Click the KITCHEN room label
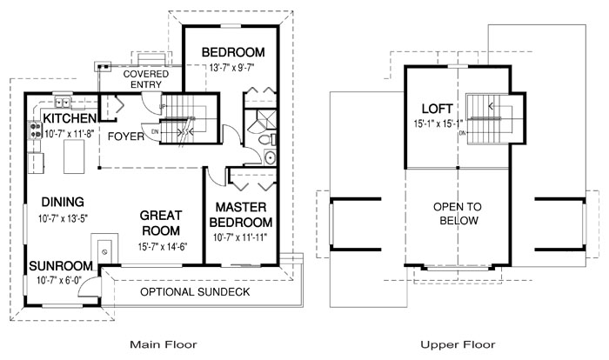pyautogui.click(x=70, y=118)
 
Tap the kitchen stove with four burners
pyautogui.click(x=35, y=130)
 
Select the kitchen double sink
pyautogui.click(x=62, y=103)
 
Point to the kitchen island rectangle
pyautogui.click(x=74, y=157)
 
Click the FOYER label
pyautogui.click(x=126, y=137)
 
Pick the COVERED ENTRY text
pyautogui.click(x=146, y=79)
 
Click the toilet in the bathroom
pyautogui.click(x=268, y=140)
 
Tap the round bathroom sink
pyautogui.click(x=270, y=157)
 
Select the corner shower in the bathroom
pyautogui.click(x=262, y=120)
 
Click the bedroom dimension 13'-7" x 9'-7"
pyautogui.click(x=232, y=68)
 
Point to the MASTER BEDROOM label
pyautogui.click(x=241, y=215)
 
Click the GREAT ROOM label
pyautogui.click(x=161, y=223)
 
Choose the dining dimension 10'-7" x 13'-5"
pyautogui.click(x=63, y=218)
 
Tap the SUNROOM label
pyautogui.click(x=61, y=266)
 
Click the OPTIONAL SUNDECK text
pyautogui.click(x=195, y=292)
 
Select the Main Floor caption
pyautogui.click(x=164, y=344)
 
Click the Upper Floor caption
pyautogui.click(x=458, y=344)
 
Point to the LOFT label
pyautogui.click(x=438, y=109)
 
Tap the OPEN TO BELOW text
pyautogui.click(x=458, y=214)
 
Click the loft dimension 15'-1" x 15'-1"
pyautogui.click(x=438, y=123)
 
